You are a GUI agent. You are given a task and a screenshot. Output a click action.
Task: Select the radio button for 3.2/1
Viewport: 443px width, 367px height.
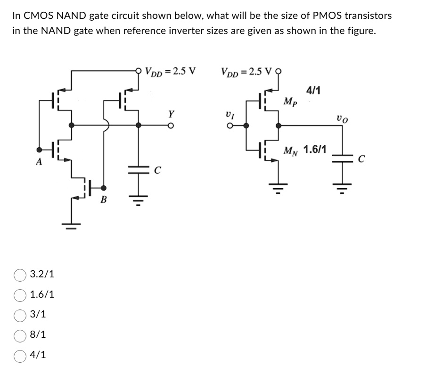tap(20, 274)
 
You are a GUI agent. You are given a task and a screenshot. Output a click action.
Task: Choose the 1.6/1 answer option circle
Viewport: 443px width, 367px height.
tap(20, 295)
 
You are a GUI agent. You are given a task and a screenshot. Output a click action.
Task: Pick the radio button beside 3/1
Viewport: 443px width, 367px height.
tap(20, 315)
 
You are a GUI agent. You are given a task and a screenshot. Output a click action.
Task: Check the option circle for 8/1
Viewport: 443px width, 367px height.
tap(20, 335)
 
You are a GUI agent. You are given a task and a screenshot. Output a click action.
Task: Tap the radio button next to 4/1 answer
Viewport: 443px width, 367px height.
tap(20, 355)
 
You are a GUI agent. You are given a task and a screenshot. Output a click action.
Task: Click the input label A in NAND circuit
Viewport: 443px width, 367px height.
tap(40, 162)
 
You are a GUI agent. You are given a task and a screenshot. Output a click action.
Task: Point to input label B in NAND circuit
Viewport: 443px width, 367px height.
tap(104, 200)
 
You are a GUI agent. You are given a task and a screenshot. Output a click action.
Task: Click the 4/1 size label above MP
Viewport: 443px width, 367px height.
tap(313, 90)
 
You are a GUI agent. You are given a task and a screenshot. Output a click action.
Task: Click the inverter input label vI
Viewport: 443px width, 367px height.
tap(230, 115)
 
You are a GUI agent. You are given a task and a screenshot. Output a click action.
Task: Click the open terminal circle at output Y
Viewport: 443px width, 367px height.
tap(172, 125)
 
